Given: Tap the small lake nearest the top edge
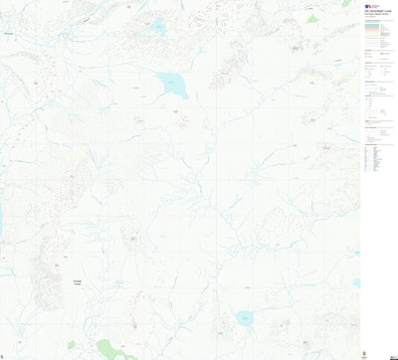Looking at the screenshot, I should pyautogui.click(x=158, y=27).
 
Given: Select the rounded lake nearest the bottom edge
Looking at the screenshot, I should pyautogui.click(x=243, y=318).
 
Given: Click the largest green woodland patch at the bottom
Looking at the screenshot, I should pyautogui.click(x=113, y=349).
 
